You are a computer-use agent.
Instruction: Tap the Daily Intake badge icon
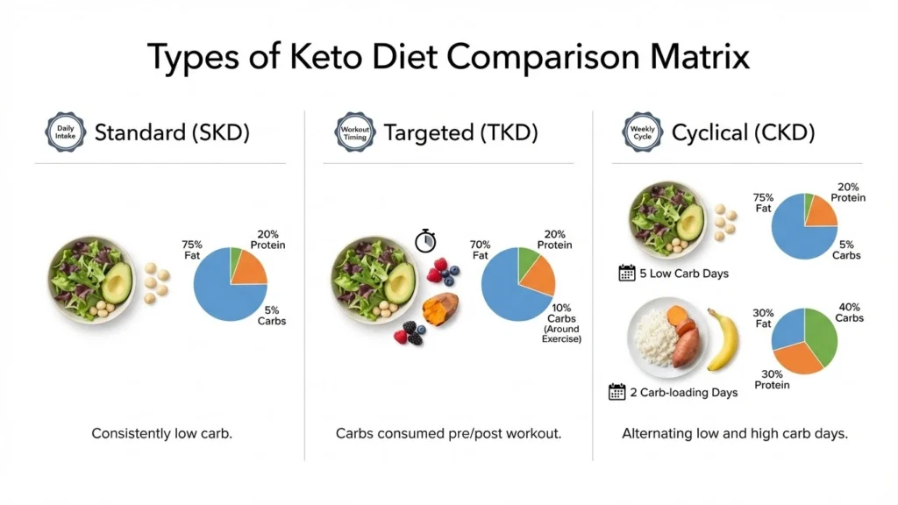[66, 133]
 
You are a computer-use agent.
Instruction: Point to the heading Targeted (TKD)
[460, 133]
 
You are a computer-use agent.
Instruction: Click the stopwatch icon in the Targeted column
[425, 240]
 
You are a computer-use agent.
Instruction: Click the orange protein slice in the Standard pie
[247, 267]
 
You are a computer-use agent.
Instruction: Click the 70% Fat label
[480, 250]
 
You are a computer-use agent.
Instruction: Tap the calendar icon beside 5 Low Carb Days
[627, 273]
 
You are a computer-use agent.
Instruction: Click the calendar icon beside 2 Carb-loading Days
[617, 392]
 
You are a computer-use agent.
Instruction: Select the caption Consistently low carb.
[161, 434]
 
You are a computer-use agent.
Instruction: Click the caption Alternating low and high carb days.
[735, 434]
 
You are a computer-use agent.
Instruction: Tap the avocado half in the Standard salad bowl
[117, 281]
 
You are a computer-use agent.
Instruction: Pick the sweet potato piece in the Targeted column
[440, 309]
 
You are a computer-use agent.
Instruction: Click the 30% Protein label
[772, 380]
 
